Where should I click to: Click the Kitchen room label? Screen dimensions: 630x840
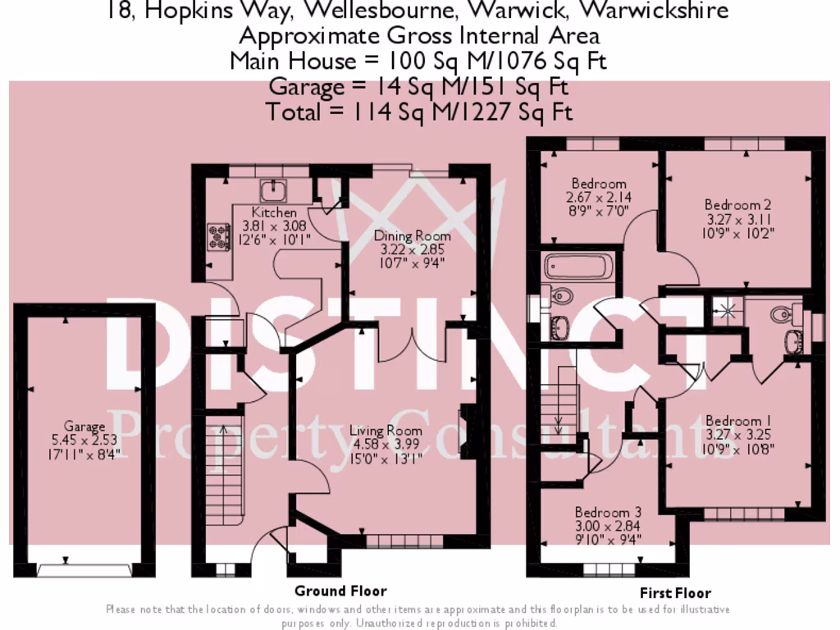[274, 213]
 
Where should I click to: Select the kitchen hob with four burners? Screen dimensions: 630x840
[219, 237]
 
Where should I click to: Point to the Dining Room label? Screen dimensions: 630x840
[413, 236]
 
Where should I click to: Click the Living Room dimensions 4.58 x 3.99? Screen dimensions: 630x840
[386, 445]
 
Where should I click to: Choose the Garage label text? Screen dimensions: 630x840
[84, 427]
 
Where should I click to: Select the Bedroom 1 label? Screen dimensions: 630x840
[738, 422]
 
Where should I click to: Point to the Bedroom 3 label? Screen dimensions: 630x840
[608, 512]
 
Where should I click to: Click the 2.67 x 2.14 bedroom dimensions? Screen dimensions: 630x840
[599, 198]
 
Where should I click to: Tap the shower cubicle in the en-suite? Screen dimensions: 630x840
[724, 310]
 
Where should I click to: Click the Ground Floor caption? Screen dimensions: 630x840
[340, 591]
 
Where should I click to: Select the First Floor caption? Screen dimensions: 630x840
[675, 593]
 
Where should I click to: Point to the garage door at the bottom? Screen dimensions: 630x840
[84, 568]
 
